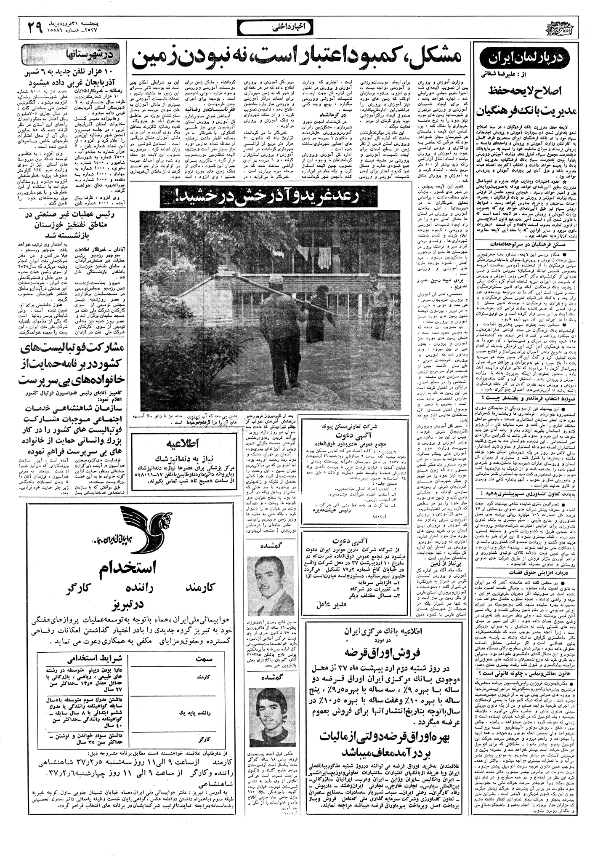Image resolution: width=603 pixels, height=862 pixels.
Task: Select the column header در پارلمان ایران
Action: [x=538, y=58]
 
